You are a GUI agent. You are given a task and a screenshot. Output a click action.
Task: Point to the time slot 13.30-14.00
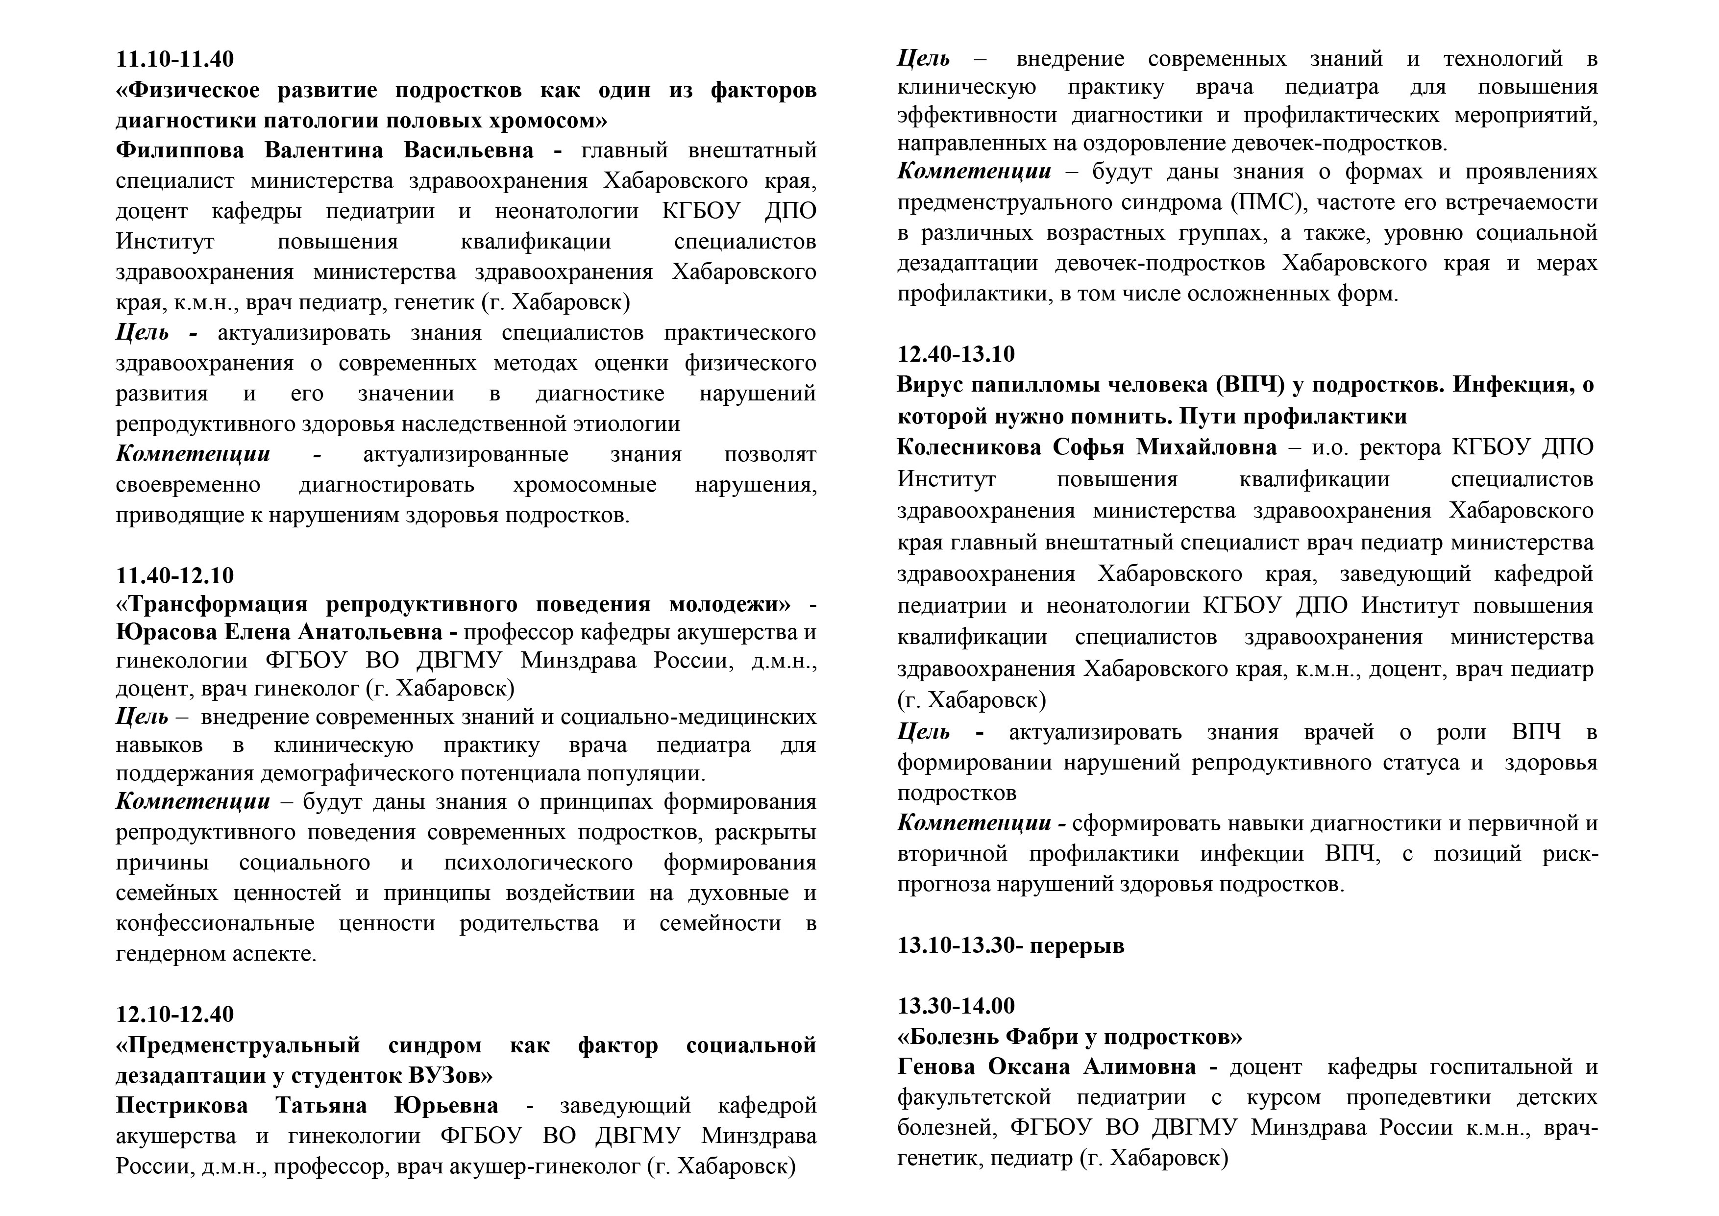956,1006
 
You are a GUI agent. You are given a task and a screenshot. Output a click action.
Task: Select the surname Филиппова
180,150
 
